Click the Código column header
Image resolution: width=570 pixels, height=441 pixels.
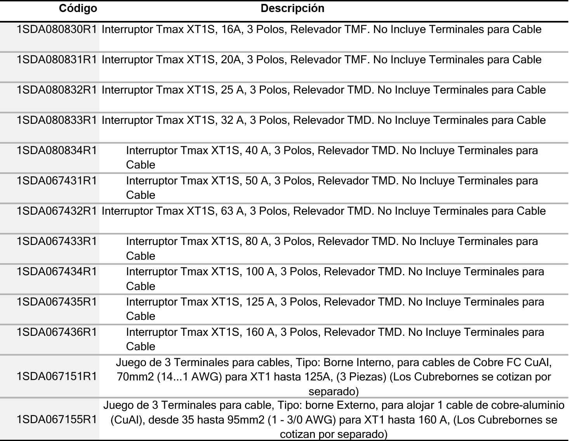point(78,9)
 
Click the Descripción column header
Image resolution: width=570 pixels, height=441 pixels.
point(292,9)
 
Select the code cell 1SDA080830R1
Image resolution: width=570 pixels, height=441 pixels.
point(57,30)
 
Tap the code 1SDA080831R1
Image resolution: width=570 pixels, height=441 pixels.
point(57,60)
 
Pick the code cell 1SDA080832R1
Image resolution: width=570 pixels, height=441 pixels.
point(57,90)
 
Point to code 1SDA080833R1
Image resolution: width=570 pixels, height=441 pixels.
point(57,120)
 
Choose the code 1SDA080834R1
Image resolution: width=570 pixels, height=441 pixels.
point(57,151)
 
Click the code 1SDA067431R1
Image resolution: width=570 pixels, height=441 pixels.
point(57,181)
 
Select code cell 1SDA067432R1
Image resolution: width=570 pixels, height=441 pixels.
point(57,211)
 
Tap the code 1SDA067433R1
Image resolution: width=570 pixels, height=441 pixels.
point(57,241)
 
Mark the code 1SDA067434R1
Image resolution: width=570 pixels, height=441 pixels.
point(57,272)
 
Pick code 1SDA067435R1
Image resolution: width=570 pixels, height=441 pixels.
point(57,302)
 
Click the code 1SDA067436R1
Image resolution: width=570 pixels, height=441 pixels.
point(57,332)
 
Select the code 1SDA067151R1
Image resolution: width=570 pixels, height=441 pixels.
point(57,377)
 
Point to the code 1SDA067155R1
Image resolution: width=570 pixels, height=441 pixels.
point(57,420)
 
